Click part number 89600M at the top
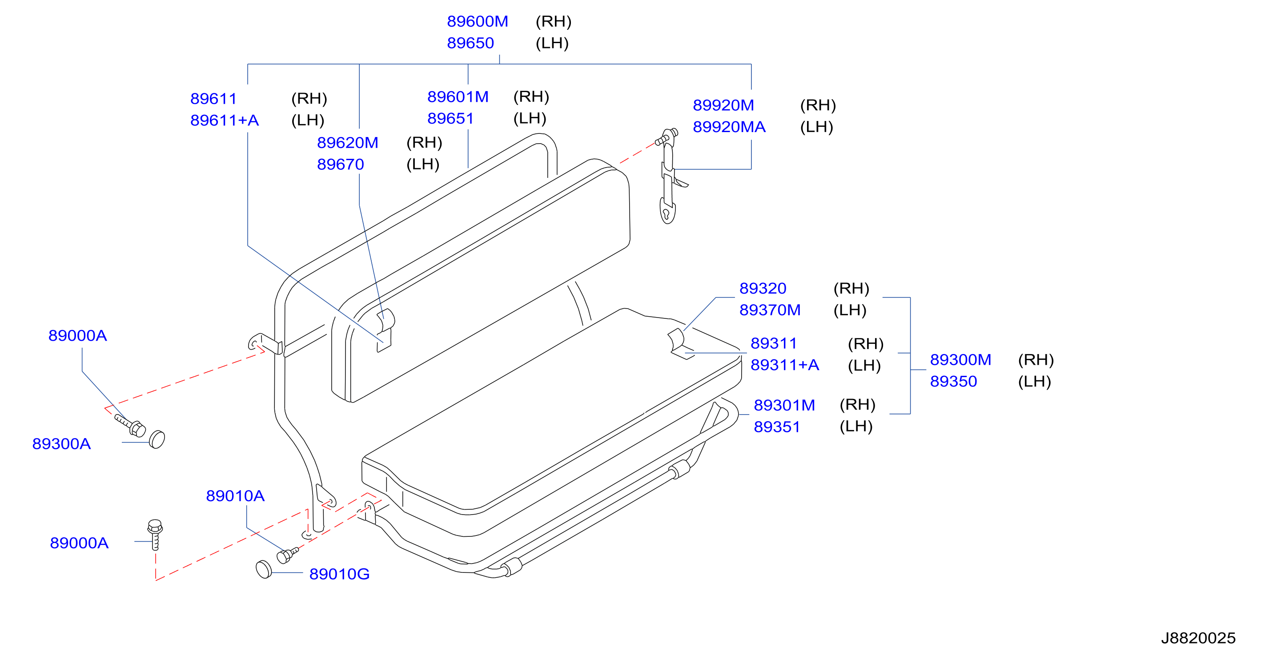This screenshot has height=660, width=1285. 478,21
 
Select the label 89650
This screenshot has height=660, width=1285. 470,44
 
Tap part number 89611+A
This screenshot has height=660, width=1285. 225,121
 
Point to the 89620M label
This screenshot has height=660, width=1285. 348,143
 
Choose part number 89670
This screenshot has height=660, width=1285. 341,165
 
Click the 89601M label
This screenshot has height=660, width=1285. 458,97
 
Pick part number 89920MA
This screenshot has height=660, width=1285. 729,127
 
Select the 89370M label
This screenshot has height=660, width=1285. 770,310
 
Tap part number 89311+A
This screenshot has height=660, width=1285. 785,365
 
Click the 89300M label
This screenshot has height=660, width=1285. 960,360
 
